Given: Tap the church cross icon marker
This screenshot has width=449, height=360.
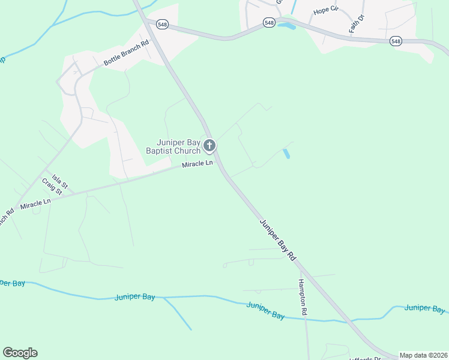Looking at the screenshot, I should (209, 145).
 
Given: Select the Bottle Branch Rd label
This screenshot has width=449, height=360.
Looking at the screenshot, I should (126, 53).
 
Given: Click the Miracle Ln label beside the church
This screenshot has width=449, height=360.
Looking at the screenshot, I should (197, 164).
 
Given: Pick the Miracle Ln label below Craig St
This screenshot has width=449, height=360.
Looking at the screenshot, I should (35, 204).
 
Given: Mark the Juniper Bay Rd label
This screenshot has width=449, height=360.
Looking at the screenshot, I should (278, 238).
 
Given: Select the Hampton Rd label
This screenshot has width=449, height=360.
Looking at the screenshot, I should (304, 297).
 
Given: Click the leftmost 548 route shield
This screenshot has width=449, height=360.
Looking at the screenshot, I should (161, 23).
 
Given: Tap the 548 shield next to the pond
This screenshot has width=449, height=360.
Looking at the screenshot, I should (269, 22).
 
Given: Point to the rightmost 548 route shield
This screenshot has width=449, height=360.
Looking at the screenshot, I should (395, 41).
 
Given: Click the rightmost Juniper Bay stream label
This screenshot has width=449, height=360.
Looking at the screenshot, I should (425, 308).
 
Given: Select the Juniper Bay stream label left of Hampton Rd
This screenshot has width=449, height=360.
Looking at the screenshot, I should (265, 310).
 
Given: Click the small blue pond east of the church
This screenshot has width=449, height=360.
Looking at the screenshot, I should (286, 154).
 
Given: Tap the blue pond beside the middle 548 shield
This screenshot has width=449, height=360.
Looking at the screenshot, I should (286, 26).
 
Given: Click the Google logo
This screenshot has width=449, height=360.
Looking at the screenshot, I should (20, 353).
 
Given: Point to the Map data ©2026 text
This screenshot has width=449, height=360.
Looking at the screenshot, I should (423, 355).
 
